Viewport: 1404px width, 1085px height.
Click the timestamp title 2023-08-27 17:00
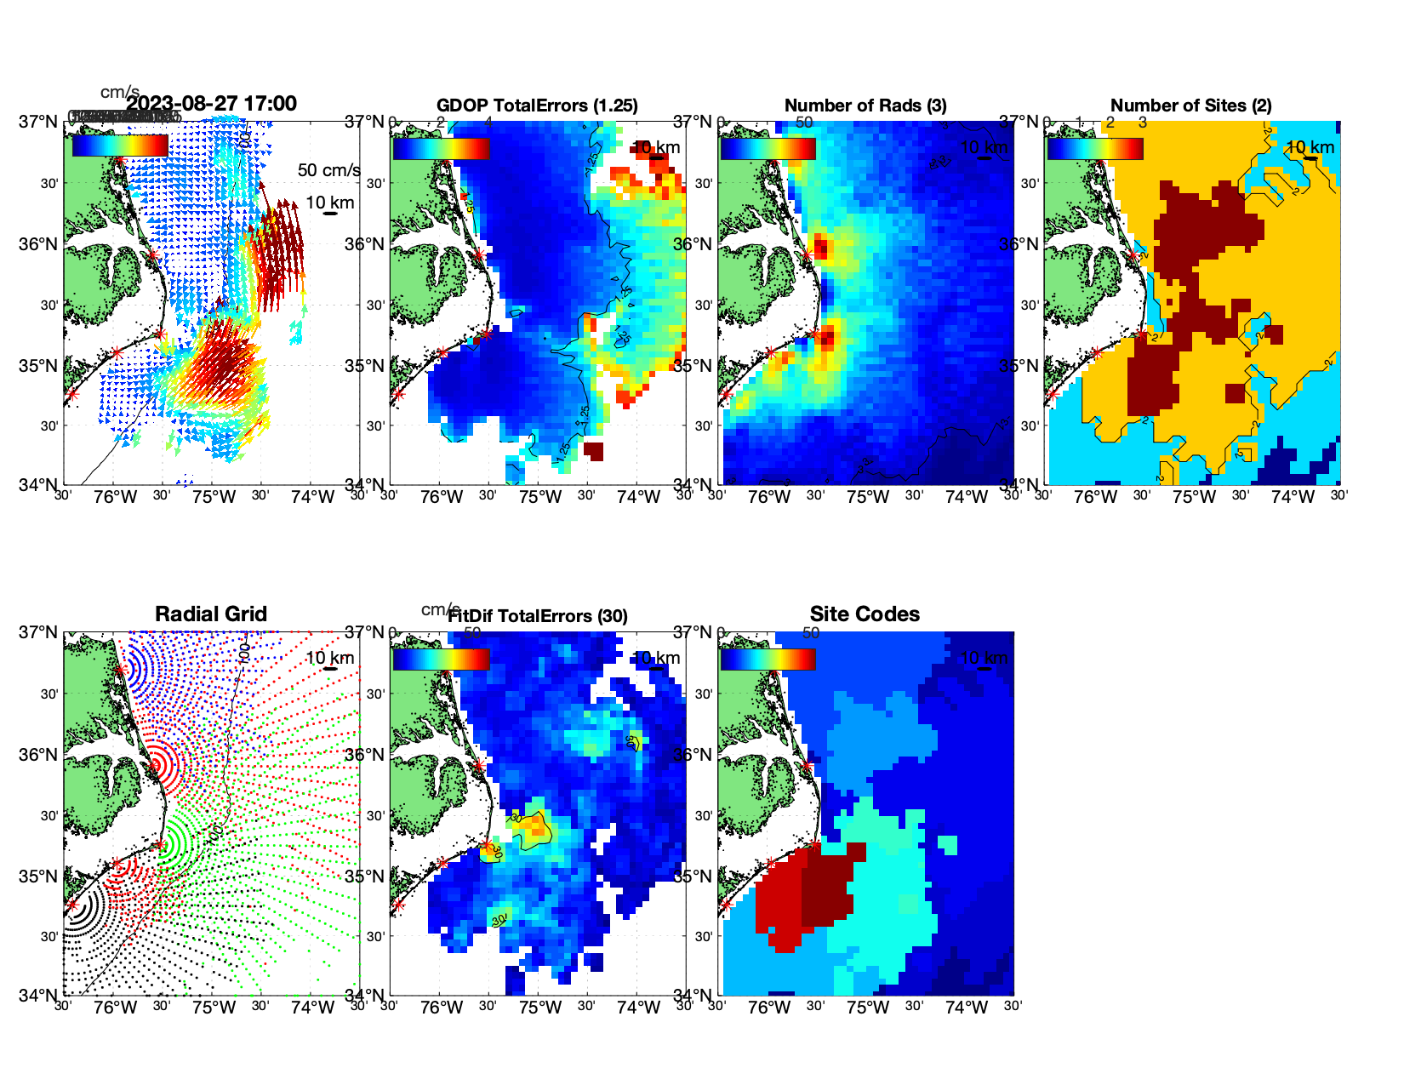pyautogui.click(x=211, y=104)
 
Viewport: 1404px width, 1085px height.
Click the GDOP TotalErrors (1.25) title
pyautogui.click(x=537, y=106)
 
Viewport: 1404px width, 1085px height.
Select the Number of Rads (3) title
pyautogui.click(x=865, y=106)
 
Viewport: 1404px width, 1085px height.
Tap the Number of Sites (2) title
pyautogui.click(x=1190, y=106)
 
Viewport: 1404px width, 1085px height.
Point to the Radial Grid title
pyautogui.click(x=211, y=614)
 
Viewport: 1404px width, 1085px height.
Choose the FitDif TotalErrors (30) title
pyautogui.click(x=538, y=616)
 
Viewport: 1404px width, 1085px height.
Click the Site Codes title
pyautogui.click(x=865, y=614)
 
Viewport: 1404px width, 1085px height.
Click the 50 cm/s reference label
pyautogui.click(x=328, y=170)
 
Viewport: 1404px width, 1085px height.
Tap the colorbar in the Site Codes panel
pyautogui.click(x=768, y=660)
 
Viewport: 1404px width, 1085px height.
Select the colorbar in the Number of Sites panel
pyautogui.click(x=1095, y=149)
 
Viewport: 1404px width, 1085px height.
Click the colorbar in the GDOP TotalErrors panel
pyautogui.click(x=441, y=149)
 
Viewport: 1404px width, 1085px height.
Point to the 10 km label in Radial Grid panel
pyautogui.click(x=329, y=658)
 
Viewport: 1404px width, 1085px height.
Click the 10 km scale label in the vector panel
pyautogui.click(x=329, y=203)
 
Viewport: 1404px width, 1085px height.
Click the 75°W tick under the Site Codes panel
pyautogui.click(x=868, y=1008)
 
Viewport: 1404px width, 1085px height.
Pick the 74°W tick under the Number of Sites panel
pyautogui.click(x=1293, y=498)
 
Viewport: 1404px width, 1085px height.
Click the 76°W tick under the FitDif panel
pyautogui.click(x=442, y=1008)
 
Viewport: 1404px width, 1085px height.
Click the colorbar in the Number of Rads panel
pyautogui.click(x=768, y=149)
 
